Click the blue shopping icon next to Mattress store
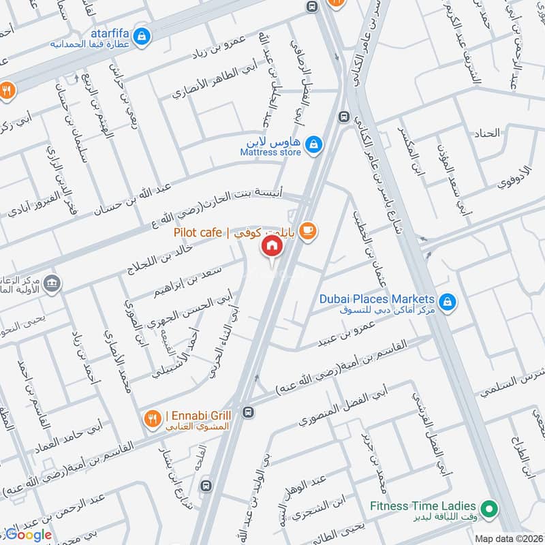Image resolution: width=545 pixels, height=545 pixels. [313, 144]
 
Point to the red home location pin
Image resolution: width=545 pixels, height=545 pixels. [272, 246]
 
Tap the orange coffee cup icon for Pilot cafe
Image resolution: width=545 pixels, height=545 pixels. [309, 232]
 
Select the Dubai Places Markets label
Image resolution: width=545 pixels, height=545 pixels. [377, 300]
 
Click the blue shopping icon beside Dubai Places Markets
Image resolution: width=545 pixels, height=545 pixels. [447, 300]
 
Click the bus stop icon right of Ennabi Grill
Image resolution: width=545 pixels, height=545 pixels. [249, 413]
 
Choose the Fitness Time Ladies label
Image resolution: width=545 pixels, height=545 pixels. [422, 506]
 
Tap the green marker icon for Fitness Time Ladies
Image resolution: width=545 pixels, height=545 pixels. [488, 508]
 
